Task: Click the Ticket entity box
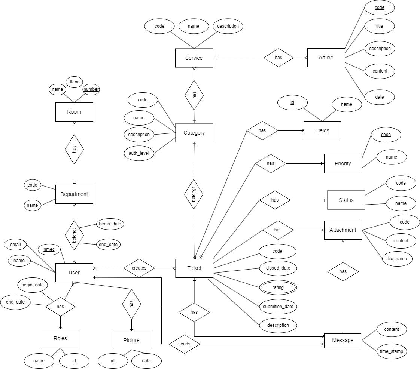(x=194, y=268)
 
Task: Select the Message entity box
(x=343, y=340)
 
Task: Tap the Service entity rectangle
(x=194, y=58)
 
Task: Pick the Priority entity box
(x=343, y=163)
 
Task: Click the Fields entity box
(x=322, y=130)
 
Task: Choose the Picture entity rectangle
(x=131, y=340)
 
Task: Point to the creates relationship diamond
(x=139, y=268)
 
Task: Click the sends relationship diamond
(x=184, y=344)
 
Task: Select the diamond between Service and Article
(x=279, y=58)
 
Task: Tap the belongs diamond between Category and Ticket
(x=194, y=194)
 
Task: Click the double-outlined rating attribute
(x=278, y=287)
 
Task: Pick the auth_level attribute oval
(x=139, y=153)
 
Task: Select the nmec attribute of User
(x=49, y=249)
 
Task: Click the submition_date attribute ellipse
(x=278, y=307)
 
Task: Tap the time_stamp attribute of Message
(x=391, y=351)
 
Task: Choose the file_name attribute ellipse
(x=397, y=258)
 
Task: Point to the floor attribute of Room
(x=74, y=82)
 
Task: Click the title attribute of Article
(x=380, y=26)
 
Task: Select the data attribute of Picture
(x=146, y=361)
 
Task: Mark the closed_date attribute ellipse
(x=278, y=268)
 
